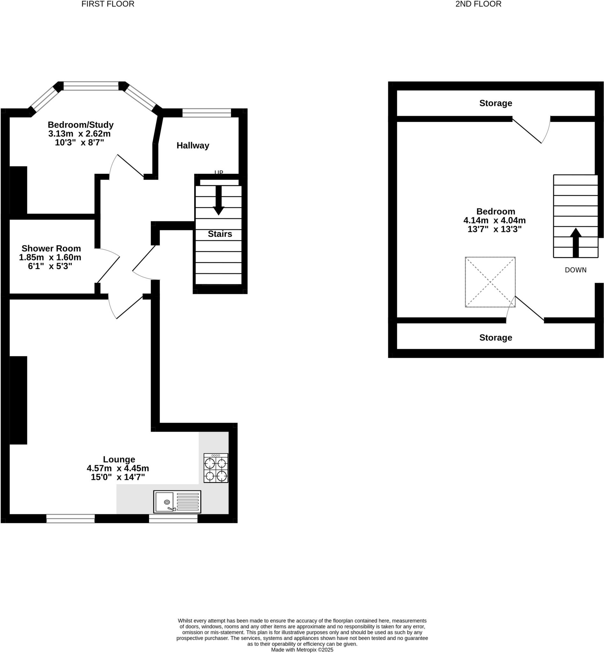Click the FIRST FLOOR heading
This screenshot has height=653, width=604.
[108, 4]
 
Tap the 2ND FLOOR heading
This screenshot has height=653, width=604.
[478, 4]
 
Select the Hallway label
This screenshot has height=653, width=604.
[193, 146]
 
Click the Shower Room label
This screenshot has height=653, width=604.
[51, 248]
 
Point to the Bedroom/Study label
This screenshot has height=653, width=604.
[81, 125]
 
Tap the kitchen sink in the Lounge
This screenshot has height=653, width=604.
[177, 502]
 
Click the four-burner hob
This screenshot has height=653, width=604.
[216, 468]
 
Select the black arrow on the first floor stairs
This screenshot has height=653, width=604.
[218, 200]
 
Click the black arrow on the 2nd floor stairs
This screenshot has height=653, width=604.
[576, 242]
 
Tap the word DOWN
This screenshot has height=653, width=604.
[576, 270]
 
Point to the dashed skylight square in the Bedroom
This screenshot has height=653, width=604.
[490, 282]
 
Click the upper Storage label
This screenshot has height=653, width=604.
[495, 103]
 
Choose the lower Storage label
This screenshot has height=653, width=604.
[495, 338]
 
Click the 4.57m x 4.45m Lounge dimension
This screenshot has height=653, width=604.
[118, 468]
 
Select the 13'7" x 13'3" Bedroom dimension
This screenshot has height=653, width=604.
[494, 229]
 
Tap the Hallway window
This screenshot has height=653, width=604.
[206, 113]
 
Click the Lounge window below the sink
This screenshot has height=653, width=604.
[173, 518]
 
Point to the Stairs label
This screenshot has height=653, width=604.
[220, 234]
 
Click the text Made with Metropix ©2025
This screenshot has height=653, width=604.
[302, 650]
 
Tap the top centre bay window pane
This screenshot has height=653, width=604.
[91, 86]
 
